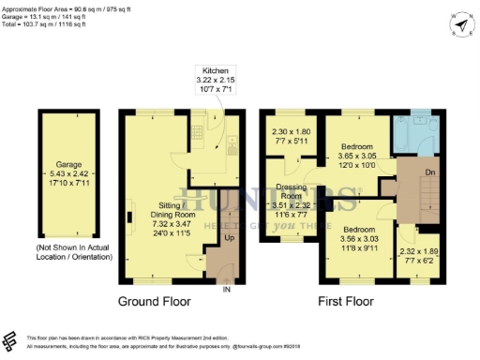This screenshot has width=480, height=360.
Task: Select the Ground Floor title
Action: point(155,303)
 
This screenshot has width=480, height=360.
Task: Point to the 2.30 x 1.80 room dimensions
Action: point(291,137)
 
